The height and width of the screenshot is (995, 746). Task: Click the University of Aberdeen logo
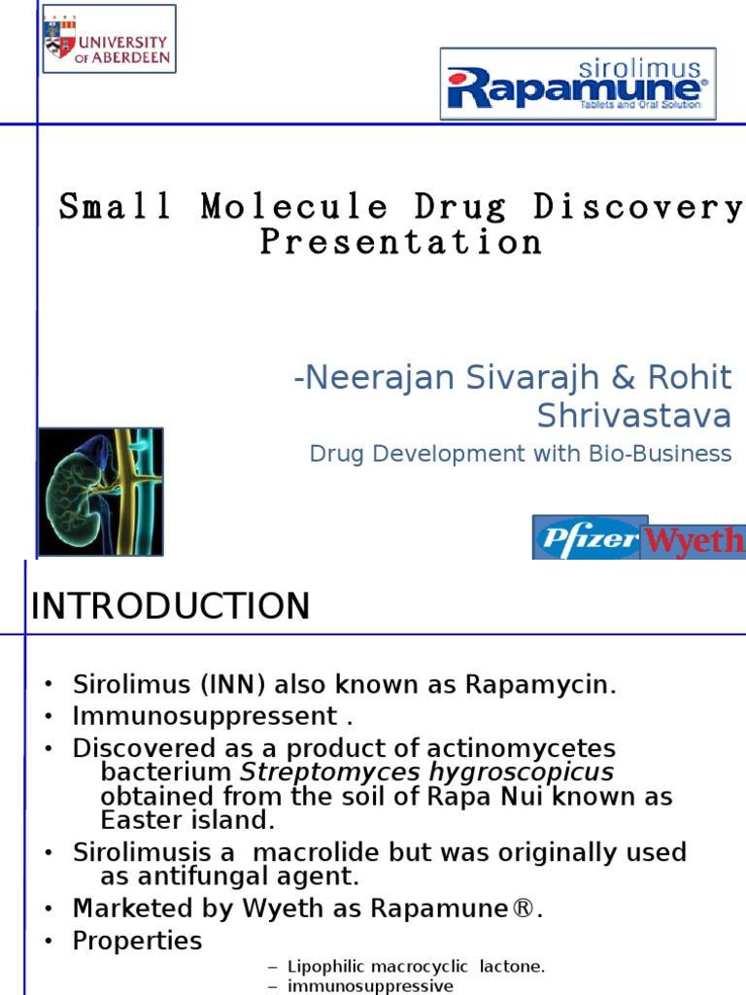108,38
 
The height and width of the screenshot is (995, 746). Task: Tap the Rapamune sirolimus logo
577,84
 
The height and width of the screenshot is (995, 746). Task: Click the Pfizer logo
587,537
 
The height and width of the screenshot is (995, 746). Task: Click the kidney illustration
100,491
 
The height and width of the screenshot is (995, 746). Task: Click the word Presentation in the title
400,242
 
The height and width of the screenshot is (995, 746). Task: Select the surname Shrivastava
634,416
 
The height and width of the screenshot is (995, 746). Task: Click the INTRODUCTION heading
171,606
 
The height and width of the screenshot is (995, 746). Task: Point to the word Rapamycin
540,684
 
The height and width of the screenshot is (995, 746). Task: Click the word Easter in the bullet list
143,820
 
